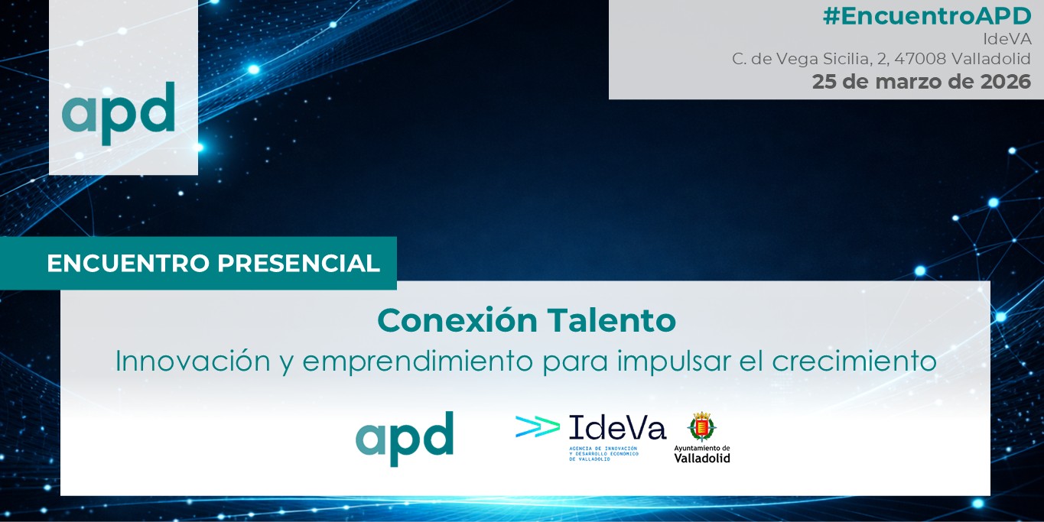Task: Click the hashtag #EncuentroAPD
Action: pos(927,16)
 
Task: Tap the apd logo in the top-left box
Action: pos(119,113)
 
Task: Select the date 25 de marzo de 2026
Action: pos(922,82)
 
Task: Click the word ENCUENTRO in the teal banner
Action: pos(128,264)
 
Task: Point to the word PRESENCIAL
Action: pos(299,264)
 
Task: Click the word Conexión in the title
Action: pos(457,320)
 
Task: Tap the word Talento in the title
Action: pos(612,321)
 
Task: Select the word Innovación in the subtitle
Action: pos(193,361)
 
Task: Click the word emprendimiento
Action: pos(418,362)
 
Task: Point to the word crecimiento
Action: pos(854,362)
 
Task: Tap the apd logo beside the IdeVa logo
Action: pos(405,439)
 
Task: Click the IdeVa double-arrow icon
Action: pos(538,426)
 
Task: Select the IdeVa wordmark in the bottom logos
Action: pos(617,427)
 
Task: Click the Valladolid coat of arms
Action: pos(701,426)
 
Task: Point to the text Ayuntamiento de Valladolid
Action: pos(702,454)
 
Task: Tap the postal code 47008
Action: pos(920,59)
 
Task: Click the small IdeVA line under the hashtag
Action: pos(1007,39)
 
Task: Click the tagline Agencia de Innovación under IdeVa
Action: pos(603,453)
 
